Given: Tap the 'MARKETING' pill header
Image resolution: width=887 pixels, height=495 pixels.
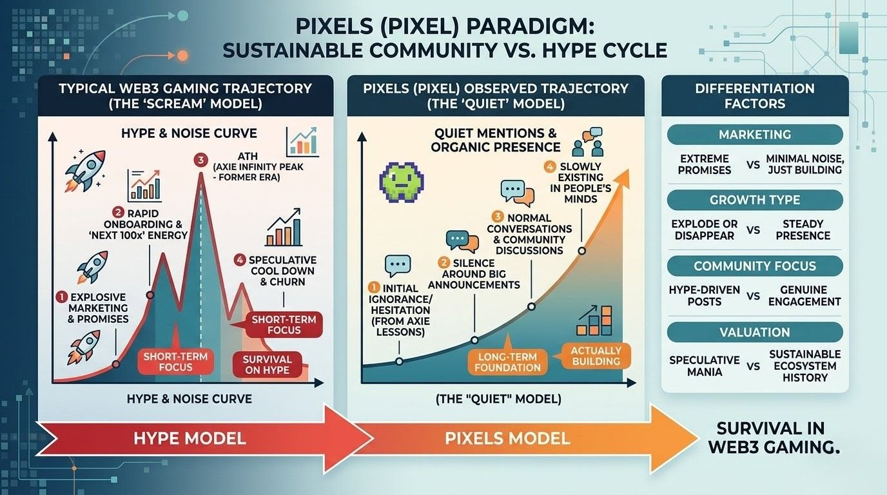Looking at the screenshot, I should [755, 135].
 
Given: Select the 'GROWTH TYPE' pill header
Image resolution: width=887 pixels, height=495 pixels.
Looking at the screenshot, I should [755, 200].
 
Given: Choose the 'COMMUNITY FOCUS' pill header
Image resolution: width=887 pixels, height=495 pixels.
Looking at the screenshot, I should [755, 266].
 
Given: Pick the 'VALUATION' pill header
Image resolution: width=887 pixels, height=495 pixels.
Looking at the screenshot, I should [755, 333].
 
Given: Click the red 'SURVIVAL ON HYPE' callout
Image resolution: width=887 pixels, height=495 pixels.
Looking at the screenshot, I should [267, 365].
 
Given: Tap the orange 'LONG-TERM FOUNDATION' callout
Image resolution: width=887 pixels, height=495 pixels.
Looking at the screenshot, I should [508, 362].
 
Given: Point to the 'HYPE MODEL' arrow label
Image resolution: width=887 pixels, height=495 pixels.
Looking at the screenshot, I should [190, 439].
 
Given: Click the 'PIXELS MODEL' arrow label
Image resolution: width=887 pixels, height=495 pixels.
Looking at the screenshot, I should [507, 439].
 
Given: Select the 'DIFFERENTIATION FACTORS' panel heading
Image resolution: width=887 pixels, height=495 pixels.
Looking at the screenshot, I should [755, 95].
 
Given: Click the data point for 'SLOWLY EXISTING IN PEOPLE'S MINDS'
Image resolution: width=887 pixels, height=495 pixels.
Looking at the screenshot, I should [581, 250].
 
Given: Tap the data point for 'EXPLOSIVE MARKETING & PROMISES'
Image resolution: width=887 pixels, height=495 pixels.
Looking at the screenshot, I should [116, 364].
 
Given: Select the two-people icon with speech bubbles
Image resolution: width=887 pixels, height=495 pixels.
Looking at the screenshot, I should [587, 143].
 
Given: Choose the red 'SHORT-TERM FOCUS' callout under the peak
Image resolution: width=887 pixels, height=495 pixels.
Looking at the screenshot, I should [167, 362].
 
